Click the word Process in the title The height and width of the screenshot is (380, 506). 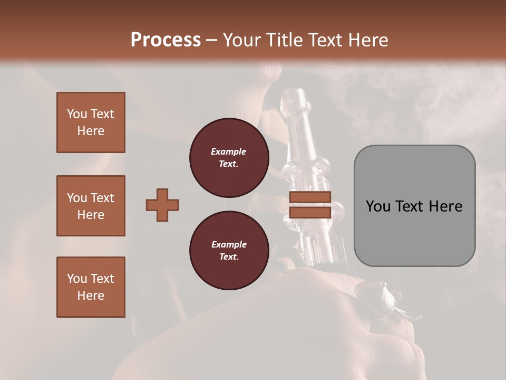point(166,40)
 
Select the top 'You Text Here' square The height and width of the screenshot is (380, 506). point(91,122)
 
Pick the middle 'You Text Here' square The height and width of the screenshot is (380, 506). point(91,206)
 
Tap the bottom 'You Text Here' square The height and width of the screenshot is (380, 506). point(91,287)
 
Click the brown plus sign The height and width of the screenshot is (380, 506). point(162,205)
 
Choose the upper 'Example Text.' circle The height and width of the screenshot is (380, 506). point(229,157)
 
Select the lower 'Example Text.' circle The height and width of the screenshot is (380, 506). point(229,250)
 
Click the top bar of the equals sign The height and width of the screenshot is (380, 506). point(310,197)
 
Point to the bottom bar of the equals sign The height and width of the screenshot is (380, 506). point(310,212)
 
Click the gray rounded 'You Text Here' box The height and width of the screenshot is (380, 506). point(414,206)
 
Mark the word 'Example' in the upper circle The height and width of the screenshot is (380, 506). point(229,151)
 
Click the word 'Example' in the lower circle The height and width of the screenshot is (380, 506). point(229,244)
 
